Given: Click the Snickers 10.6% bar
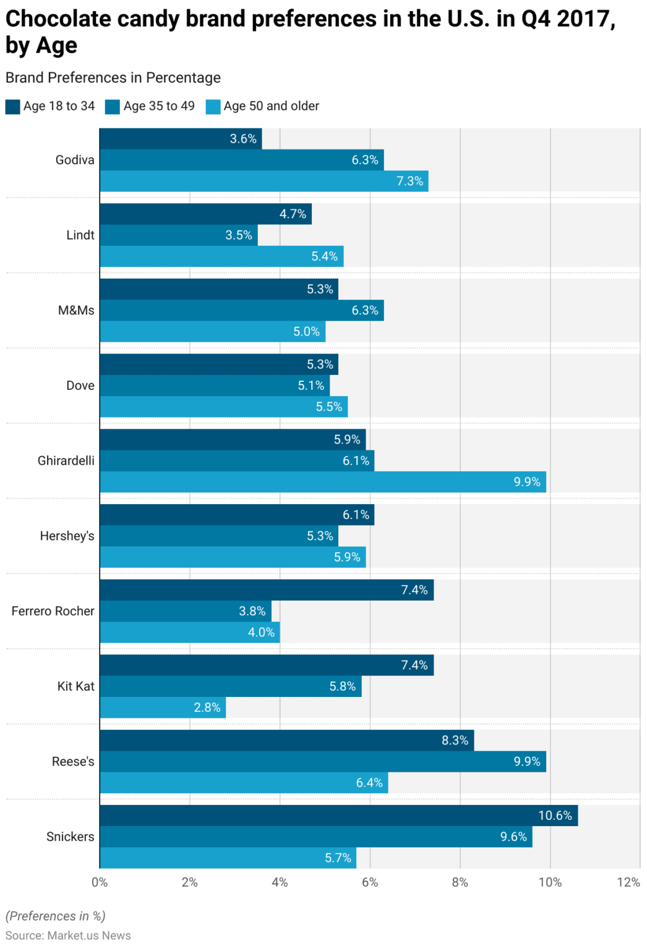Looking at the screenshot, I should point(338,816).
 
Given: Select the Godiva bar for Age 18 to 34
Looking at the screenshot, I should point(181,139).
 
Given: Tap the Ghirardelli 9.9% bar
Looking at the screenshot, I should point(322,482).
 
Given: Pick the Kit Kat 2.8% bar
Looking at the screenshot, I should point(163,707).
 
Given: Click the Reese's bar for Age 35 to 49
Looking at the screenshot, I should point(322,761).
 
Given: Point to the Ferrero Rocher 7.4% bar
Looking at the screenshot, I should point(267,590).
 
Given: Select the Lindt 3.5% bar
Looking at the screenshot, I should point(179,235).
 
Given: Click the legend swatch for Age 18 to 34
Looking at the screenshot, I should point(13,106).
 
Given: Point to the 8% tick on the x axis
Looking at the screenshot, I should point(460,882).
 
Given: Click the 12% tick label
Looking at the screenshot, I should point(628,882).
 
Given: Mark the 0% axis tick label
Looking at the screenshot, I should point(100,882).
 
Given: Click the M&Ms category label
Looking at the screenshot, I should point(76,310).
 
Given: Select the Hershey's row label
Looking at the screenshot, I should point(67,536).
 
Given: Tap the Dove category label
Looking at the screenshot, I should point(80,386).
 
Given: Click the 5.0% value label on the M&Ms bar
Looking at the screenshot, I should point(306,332).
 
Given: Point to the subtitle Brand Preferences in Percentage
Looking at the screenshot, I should point(113,78).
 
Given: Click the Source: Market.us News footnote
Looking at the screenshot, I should point(68,935).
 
